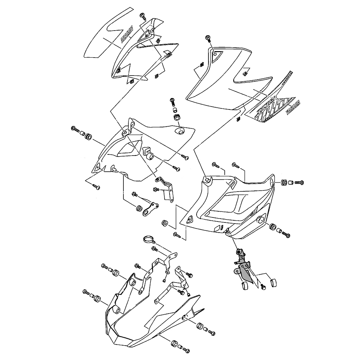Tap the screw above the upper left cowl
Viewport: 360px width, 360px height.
point(143,15)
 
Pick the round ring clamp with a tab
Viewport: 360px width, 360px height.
point(148,238)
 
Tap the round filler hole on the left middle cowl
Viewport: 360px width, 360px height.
point(179,130)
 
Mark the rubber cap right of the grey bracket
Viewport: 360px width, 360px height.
point(273,282)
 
